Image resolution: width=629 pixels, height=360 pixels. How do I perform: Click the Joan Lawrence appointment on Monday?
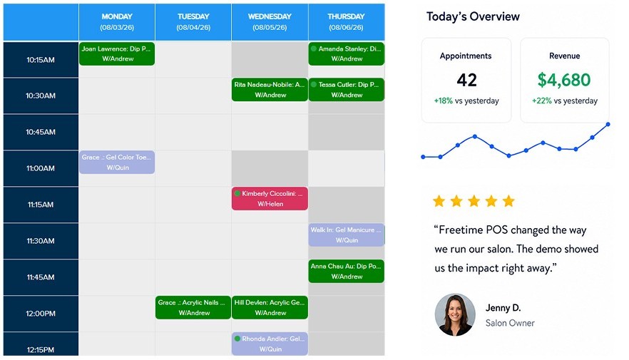(117, 53)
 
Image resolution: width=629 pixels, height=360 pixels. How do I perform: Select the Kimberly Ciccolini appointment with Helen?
(270, 198)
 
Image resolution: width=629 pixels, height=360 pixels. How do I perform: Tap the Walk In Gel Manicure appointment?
(346, 235)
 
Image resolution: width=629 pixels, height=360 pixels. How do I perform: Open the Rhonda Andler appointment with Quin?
(270, 344)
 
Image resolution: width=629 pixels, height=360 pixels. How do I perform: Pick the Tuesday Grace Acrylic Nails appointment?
(193, 307)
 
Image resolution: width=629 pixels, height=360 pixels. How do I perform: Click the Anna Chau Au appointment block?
(346, 271)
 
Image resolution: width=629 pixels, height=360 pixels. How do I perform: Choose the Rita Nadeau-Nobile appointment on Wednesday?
(270, 89)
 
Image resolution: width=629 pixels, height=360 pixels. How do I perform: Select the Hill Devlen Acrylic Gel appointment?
(270, 307)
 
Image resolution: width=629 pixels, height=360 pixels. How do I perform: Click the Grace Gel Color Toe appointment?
(117, 163)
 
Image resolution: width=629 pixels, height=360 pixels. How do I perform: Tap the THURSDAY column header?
(346, 22)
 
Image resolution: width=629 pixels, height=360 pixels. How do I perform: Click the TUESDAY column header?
(193, 22)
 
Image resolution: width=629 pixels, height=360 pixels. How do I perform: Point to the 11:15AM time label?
(41, 205)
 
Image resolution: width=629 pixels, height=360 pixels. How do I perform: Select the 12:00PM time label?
(41, 314)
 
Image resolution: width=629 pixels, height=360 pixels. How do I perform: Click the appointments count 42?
(466, 80)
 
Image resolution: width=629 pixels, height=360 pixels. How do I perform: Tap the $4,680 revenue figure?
(564, 80)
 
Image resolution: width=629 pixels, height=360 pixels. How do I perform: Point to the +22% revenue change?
(542, 101)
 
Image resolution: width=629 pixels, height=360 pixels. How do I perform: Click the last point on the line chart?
(608, 124)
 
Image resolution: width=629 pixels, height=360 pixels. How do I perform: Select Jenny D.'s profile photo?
(455, 314)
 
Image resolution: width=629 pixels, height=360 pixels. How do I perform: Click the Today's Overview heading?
(473, 16)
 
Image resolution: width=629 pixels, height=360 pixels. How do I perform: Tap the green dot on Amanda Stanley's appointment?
(314, 48)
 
